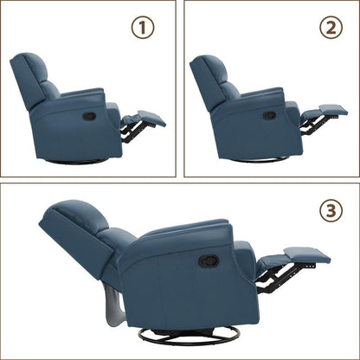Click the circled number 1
pyautogui.click(x=143, y=28)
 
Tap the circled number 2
pyautogui.click(x=331, y=28)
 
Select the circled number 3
pyautogui.click(x=331, y=211)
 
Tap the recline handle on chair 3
pyautogui.click(x=209, y=260)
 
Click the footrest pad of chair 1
pyautogui.click(x=151, y=118)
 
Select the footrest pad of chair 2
pyautogui.click(x=333, y=110)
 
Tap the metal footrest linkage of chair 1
pyautogui.click(x=131, y=131)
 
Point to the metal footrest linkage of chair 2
pyautogui.click(x=312, y=126)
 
